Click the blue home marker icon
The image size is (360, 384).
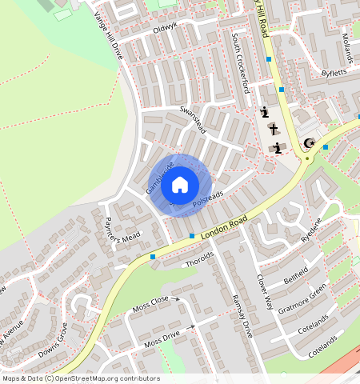[x=180, y=186]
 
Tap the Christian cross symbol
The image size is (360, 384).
[x=274, y=130]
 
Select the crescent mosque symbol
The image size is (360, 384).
[x=309, y=144]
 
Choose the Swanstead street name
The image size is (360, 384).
[x=193, y=119]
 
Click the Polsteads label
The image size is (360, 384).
[x=207, y=200]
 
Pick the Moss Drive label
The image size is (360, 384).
[x=162, y=338]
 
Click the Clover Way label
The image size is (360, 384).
[x=265, y=293]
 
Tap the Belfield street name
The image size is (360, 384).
[x=296, y=277]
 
